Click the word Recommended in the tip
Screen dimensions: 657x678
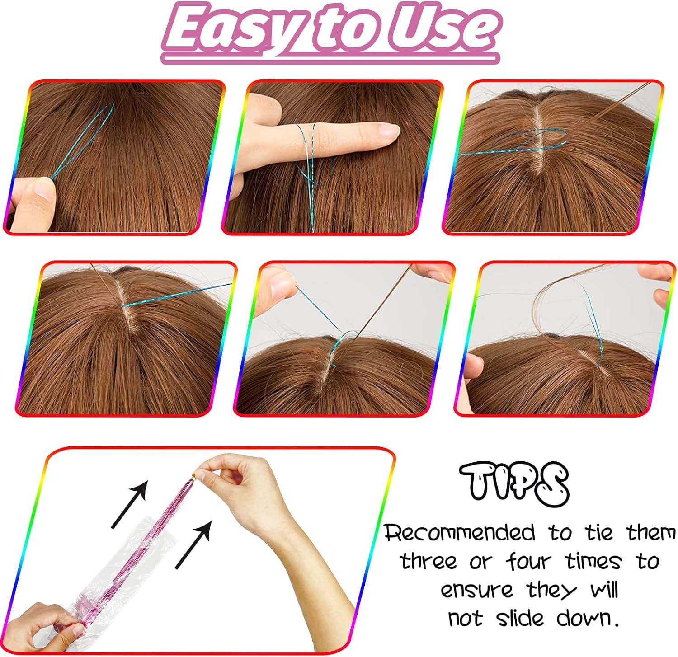pyautogui.click(x=460, y=533)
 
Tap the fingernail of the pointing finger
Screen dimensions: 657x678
pyautogui.click(x=388, y=131)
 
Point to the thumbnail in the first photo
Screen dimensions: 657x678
pyautogui.click(x=44, y=189)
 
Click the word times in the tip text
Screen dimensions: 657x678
pyautogui.click(x=593, y=562)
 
